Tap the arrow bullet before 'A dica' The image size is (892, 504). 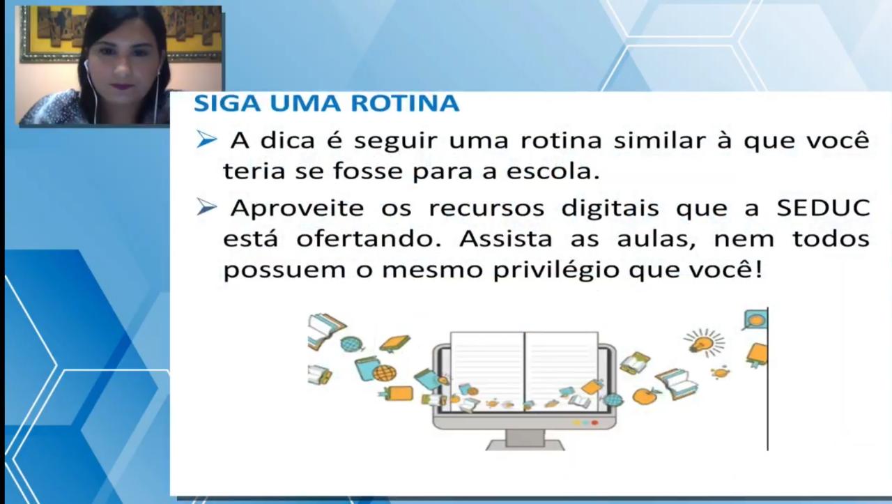click(x=207, y=140)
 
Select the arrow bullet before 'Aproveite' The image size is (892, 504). click(x=207, y=207)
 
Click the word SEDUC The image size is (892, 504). click(x=823, y=208)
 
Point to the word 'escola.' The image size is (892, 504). click(x=553, y=171)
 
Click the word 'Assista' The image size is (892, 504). click(x=506, y=238)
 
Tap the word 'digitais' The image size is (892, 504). click(x=610, y=208)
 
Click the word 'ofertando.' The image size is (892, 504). click(x=369, y=238)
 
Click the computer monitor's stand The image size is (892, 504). click(x=525, y=441)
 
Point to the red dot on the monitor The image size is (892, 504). click(x=595, y=422)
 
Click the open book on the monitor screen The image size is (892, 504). click(x=524, y=372)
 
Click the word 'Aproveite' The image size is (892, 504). click(x=298, y=208)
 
